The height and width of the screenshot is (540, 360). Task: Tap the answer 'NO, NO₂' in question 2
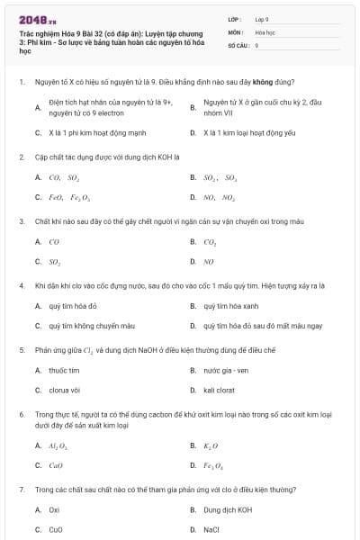pyautogui.click(x=219, y=197)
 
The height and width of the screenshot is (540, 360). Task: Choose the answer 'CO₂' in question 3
pyautogui.click(x=210, y=241)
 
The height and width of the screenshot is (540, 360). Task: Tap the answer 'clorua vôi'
pyautogui.click(x=64, y=391)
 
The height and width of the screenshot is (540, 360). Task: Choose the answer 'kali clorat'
pyautogui.click(x=219, y=391)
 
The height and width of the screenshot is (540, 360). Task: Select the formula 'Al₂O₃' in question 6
pyautogui.click(x=58, y=445)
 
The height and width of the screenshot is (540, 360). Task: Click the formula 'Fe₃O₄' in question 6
pyautogui.click(x=215, y=465)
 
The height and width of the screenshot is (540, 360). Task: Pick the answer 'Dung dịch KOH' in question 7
pyautogui.click(x=227, y=509)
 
